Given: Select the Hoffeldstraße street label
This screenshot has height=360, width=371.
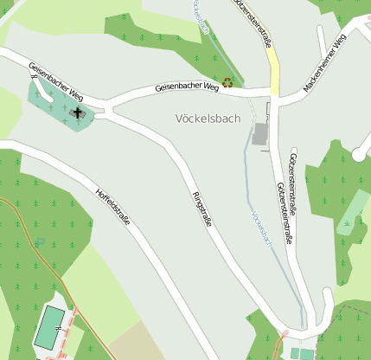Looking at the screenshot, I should pyautogui.click(x=112, y=207).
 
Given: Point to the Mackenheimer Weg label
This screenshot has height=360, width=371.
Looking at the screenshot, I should pyautogui.click(x=325, y=65).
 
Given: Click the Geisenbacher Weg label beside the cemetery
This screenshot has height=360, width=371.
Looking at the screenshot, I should pyautogui.click(x=55, y=79).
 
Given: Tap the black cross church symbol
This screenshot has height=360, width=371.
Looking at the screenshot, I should pyautogui.click(x=78, y=112).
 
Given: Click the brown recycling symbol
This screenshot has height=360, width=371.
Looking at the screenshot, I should pyautogui.click(x=228, y=83).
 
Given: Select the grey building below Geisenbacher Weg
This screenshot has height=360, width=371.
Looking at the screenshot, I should pyautogui.click(x=260, y=134).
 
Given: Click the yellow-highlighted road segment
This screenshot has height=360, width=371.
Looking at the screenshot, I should pyautogui.click(x=273, y=69).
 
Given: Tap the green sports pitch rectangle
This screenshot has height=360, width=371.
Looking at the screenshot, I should pyautogui.click(x=50, y=327).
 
